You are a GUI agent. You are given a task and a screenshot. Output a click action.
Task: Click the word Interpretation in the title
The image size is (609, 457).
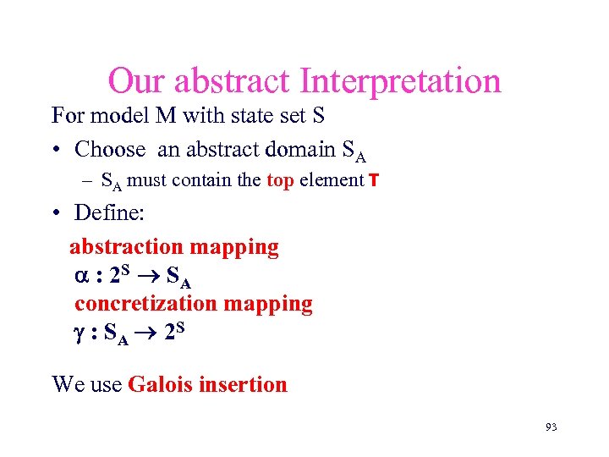click(400, 82)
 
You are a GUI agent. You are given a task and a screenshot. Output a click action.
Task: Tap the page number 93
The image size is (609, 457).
click(551, 427)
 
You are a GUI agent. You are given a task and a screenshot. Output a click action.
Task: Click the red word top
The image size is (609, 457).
click(280, 179)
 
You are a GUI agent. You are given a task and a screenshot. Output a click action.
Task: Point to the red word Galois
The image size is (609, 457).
click(161, 385)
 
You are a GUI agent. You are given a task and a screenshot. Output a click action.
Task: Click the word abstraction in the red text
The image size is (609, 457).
click(127, 247)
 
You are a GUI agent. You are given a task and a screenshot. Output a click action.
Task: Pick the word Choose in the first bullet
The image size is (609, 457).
click(110, 150)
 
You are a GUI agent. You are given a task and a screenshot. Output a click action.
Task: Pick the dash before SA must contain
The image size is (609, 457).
click(87, 180)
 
